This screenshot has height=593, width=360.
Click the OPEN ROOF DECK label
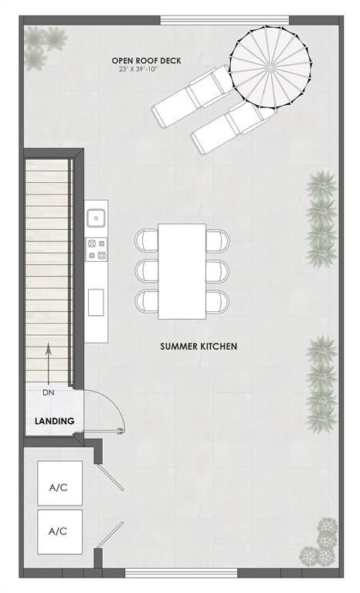point(146,60)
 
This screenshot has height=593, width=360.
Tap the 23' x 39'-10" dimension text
point(146,69)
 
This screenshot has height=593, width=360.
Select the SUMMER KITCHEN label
point(199,347)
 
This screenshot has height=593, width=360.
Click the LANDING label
point(54,421)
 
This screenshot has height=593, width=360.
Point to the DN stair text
point(49,394)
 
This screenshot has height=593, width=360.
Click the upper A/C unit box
point(58,486)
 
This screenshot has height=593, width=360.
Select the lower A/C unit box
point(58,531)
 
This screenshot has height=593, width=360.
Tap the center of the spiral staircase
point(270,68)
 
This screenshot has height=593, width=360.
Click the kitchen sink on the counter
point(97,218)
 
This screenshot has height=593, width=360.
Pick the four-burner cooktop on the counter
point(97,249)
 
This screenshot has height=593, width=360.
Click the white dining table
point(182,271)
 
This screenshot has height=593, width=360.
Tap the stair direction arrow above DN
point(49,363)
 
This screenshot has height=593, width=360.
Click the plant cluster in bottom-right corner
point(321,542)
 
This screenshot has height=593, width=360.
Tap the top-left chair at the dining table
point(146,241)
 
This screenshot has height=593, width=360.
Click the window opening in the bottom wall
point(182,572)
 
